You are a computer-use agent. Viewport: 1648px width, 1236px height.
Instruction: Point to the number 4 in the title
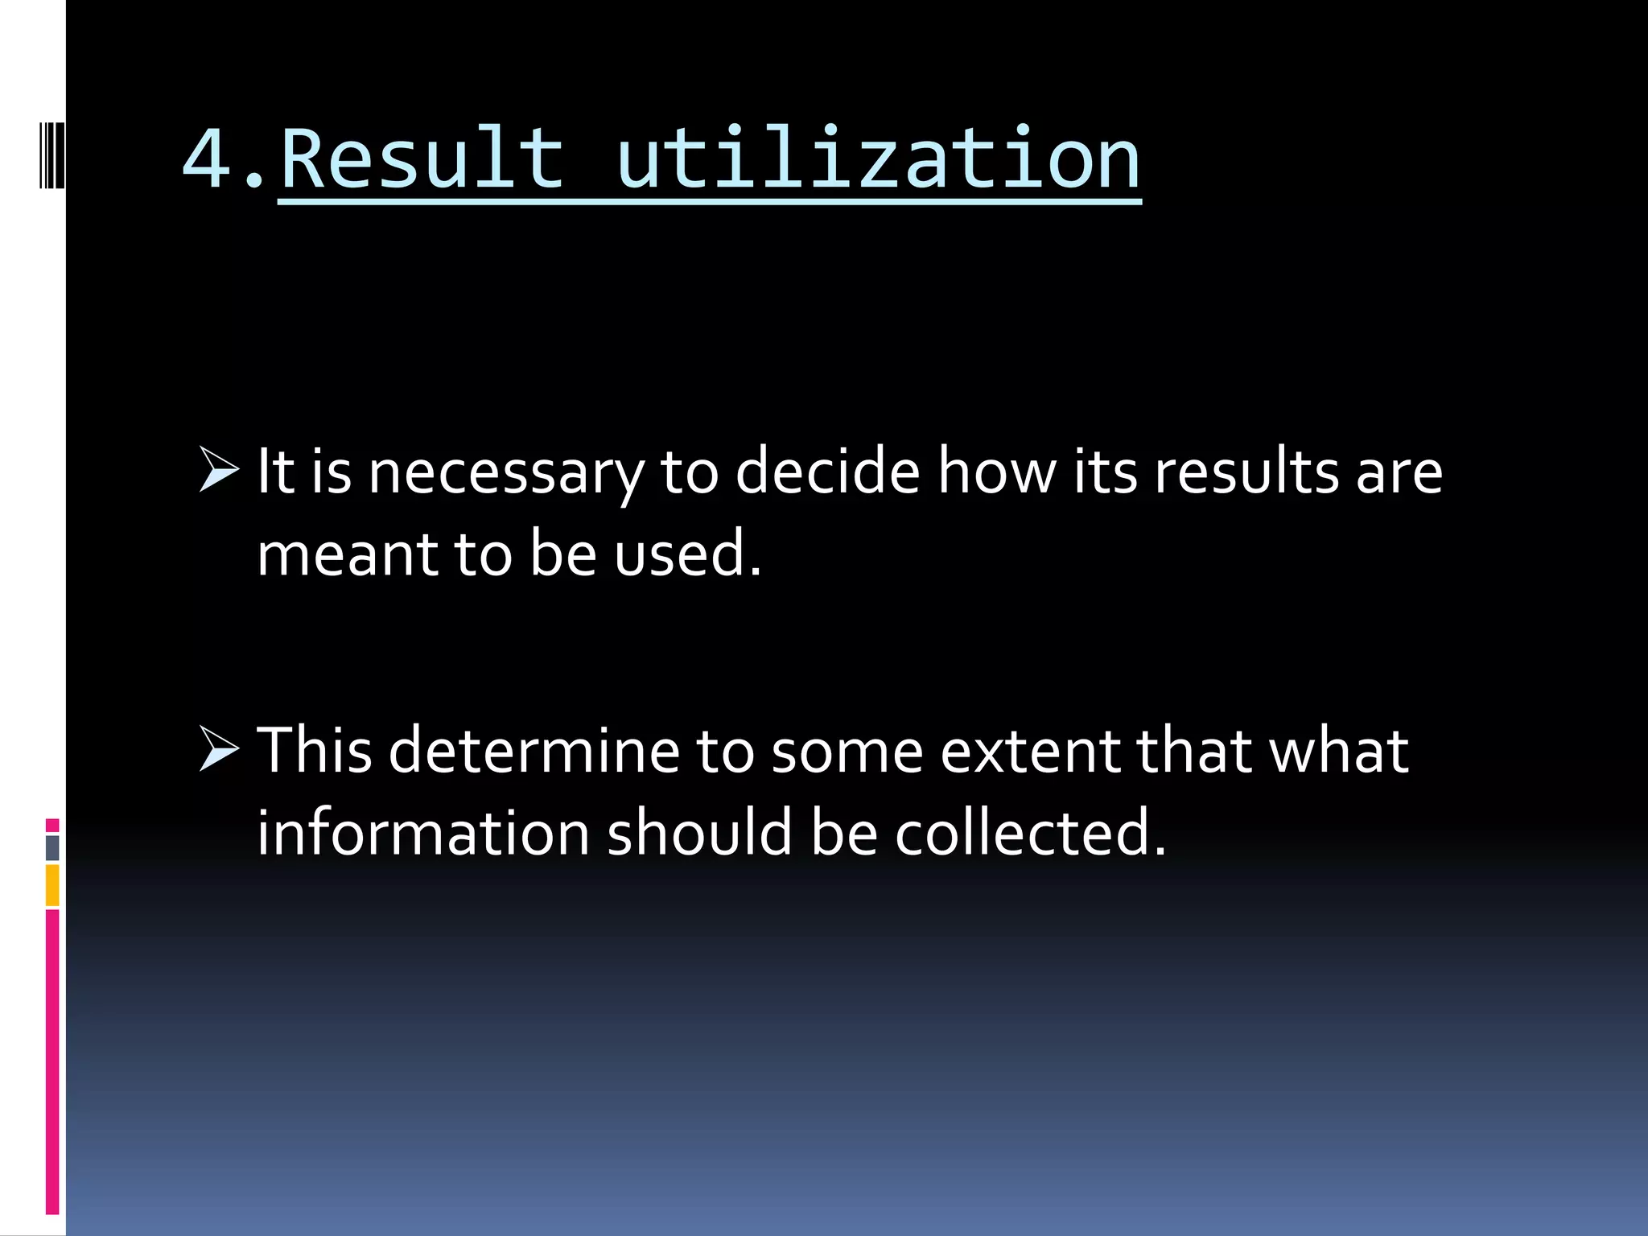pyautogui.click(x=207, y=159)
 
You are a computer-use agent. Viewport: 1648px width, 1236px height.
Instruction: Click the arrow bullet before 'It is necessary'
pyautogui.click(x=219, y=470)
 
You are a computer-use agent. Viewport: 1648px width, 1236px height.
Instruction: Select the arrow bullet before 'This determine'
pyautogui.click(x=219, y=749)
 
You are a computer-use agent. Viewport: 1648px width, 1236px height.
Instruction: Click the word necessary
pyautogui.click(x=506, y=473)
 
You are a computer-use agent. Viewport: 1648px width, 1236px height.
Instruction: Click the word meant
pyautogui.click(x=346, y=554)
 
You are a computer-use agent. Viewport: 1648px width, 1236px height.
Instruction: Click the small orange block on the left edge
pyautogui.click(x=52, y=885)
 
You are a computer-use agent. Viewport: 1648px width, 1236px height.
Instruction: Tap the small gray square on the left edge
pyautogui.click(x=52, y=848)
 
